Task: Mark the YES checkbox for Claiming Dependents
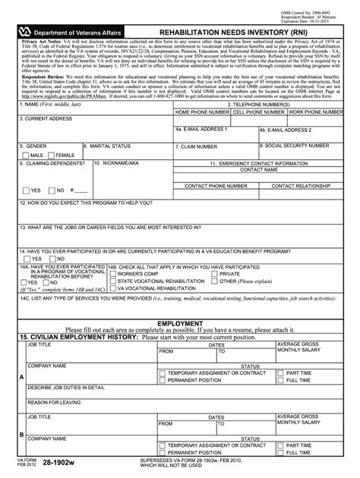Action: pyautogui.click(x=26, y=190)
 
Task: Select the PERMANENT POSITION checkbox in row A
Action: pyautogui.click(x=163, y=381)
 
